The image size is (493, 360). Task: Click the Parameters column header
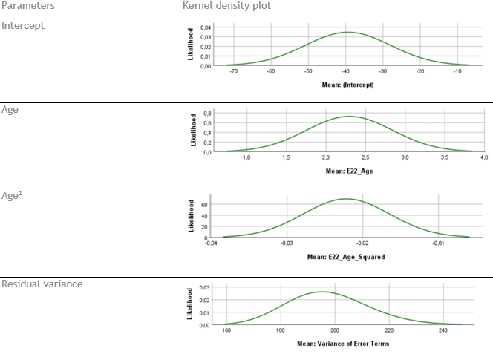tap(27, 6)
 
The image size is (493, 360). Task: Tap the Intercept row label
tap(23, 25)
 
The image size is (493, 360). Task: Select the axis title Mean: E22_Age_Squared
tap(346, 258)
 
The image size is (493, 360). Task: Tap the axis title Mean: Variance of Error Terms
tap(342, 344)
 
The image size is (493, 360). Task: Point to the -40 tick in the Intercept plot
tap(345, 71)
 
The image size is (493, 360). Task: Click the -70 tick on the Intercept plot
tap(234, 71)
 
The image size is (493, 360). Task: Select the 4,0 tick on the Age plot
tap(483, 158)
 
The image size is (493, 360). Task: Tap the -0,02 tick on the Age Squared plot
tap(362, 243)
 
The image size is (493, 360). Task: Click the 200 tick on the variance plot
tap(335, 330)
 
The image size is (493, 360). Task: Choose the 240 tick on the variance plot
tap(443, 330)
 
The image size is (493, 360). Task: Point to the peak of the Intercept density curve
tap(347, 32)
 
